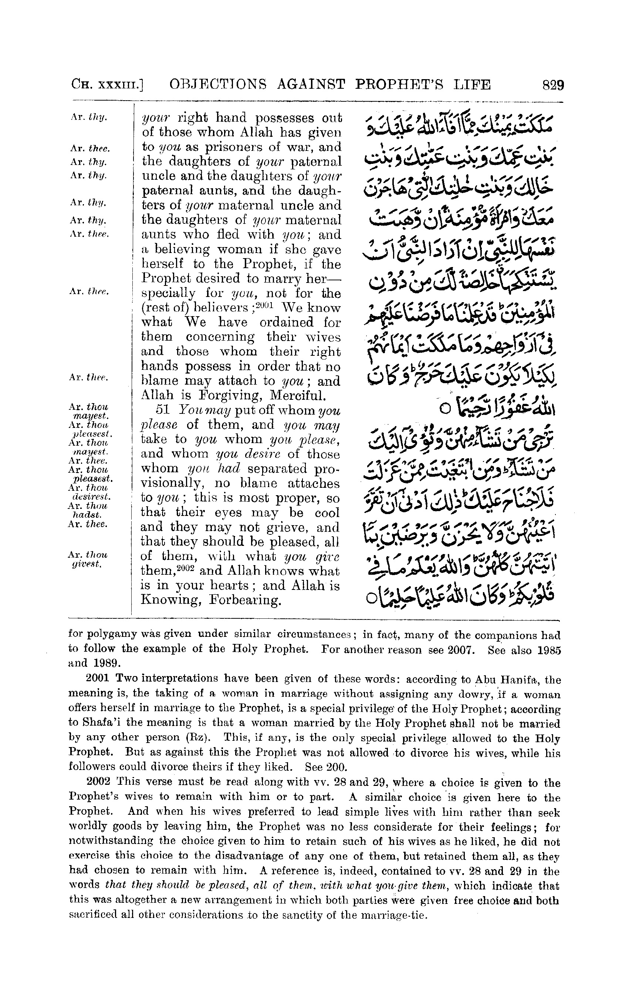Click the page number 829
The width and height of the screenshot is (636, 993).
point(553,85)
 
